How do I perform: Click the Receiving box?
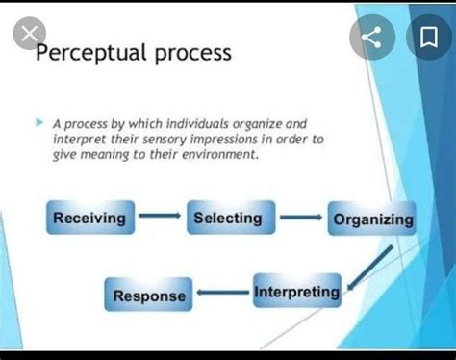click(89, 218)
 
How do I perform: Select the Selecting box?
click(229, 218)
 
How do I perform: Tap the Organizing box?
click(373, 219)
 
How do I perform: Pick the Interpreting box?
click(296, 292)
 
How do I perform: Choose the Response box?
click(148, 296)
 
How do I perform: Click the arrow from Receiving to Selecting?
click(159, 218)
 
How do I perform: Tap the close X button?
click(30, 37)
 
